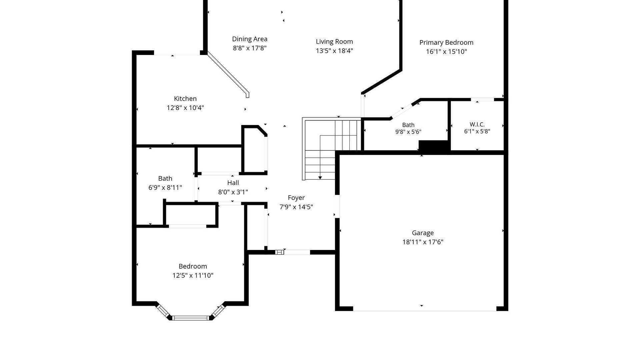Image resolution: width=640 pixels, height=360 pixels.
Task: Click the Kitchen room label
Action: point(185,99)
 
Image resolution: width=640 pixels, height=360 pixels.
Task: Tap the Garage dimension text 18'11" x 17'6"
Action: point(423,242)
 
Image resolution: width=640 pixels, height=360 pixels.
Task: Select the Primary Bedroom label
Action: point(446,43)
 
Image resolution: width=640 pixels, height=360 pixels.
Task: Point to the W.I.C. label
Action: point(477,124)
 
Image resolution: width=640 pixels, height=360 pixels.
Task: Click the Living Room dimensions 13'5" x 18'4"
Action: point(334,51)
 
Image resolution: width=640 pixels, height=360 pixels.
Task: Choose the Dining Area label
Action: point(250,39)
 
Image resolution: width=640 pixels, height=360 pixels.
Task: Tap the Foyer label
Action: point(296,198)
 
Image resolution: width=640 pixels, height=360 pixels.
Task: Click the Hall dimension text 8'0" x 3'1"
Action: point(233,192)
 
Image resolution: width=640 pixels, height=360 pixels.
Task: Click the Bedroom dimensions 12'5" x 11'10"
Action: point(193,275)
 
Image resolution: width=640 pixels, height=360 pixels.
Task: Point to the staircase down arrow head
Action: point(320,178)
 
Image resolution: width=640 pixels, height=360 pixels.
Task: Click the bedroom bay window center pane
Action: point(191,318)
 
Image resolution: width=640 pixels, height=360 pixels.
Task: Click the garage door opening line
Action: point(425,311)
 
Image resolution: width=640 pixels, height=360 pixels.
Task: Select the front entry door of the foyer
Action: point(297,252)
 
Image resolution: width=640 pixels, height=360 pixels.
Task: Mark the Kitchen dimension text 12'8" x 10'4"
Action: point(185,108)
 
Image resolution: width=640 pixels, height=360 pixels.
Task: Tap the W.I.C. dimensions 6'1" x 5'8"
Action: point(477,131)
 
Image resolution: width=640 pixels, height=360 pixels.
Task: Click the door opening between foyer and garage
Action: point(337,206)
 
